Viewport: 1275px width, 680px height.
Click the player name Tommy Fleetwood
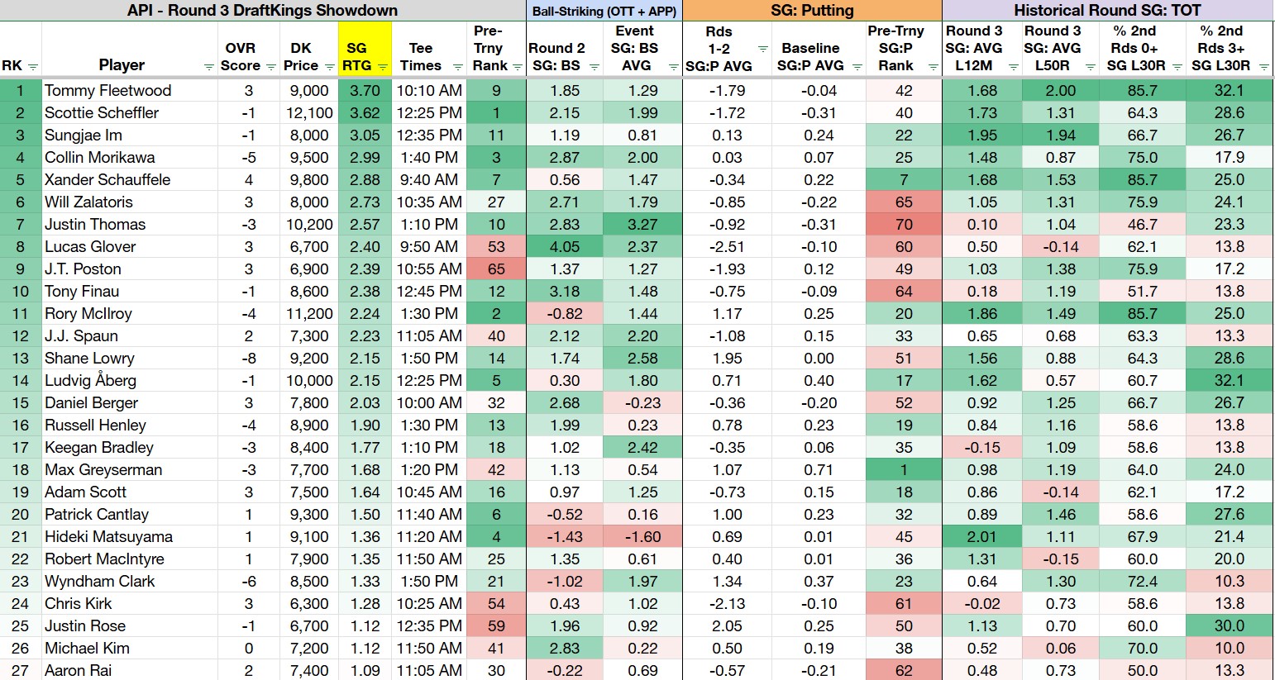pyautogui.click(x=107, y=90)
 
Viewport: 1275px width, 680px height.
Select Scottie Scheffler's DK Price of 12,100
pyautogui.click(x=309, y=112)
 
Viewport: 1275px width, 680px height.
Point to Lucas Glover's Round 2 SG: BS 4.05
pyautogui.click(x=564, y=247)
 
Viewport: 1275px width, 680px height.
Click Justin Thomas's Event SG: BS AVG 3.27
pyautogui.click(x=642, y=225)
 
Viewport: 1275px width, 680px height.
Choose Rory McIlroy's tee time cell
pyautogui.click(x=428, y=313)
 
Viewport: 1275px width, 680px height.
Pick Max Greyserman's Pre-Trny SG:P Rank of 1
pyautogui.click(x=903, y=469)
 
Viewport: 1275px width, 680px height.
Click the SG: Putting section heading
pyautogui.click(x=812, y=10)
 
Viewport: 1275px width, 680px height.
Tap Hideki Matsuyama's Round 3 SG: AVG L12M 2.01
pyautogui.click(x=981, y=537)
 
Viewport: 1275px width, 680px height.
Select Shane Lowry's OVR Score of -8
pyautogui.click(x=248, y=359)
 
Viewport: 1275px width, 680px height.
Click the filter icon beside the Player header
pyautogui.click(x=209, y=67)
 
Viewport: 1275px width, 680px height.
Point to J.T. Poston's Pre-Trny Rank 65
pyautogui.click(x=496, y=269)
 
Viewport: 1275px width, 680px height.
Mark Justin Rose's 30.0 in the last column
pyautogui.click(x=1229, y=625)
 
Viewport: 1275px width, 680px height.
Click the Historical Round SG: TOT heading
pyautogui.click(x=1107, y=10)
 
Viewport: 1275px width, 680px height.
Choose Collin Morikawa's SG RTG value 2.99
pyautogui.click(x=365, y=158)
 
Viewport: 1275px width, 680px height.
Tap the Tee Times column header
pyautogui.click(x=421, y=57)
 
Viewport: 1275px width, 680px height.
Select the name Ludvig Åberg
pyautogui.click(x=90, y=380)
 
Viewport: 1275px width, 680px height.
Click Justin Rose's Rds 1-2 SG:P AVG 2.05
pyautogui.click(x=727, y=625)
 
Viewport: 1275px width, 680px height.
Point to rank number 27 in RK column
pyautogui.click(x=20, y=670)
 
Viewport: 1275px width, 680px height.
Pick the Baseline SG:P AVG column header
pyautogui.click(x=810, y=57)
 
